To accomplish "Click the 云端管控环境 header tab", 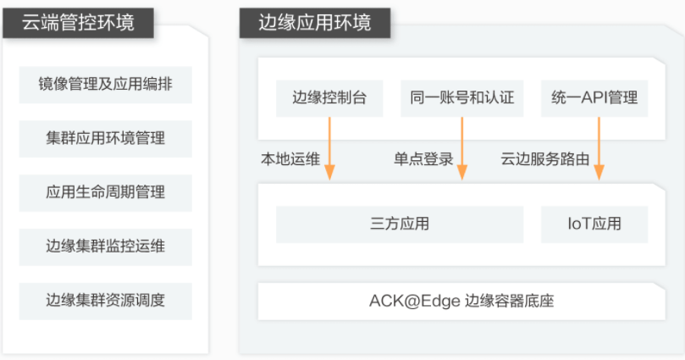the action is tap(78, 23).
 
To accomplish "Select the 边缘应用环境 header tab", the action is tap(314, 23).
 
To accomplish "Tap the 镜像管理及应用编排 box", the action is tap(105, 85).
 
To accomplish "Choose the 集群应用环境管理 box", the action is tap(105, 139).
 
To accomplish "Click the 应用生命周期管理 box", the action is tap(105, 192).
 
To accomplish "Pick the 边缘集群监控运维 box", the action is tap(105, 246).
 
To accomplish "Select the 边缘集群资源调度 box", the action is tap(105, 301).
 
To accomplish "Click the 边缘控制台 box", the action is tap(329, 98).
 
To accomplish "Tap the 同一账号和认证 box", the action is tap(461, 98).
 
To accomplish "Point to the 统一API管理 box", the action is tap(594, 98).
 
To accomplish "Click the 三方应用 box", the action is tap(400, 224).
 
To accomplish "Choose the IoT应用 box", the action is tap(594, 224).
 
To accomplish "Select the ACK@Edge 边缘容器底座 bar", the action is tap(461, 302).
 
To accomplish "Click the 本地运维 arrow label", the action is tap(290, 159).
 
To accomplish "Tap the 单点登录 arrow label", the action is tap(423, 159).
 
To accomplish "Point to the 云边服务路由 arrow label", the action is tap(545, 159).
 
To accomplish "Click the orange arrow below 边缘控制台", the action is tap(330, 148).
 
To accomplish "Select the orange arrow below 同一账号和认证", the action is tap(462, 148).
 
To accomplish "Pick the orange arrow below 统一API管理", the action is tap(599, 148).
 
